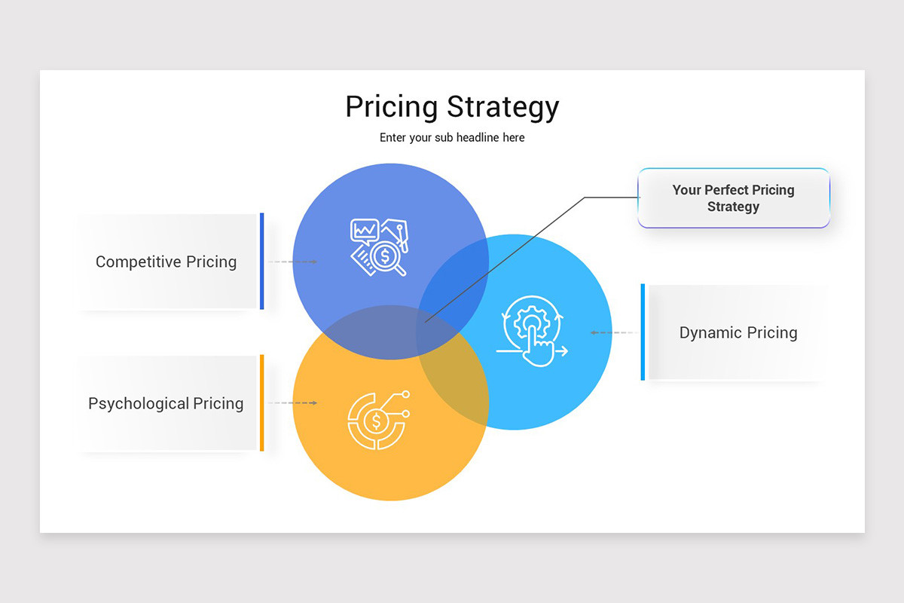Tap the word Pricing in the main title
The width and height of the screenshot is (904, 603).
[392, 107]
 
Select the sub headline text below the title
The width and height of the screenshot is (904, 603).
[452, 138]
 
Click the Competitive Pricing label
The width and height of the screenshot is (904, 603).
[166, 262]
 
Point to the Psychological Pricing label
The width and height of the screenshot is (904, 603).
[166, 404]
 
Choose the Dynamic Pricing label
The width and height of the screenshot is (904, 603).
[738, 333]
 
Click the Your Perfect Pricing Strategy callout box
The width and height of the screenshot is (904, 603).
[734, 198]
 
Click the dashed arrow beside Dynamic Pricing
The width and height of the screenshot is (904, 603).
[612, 332]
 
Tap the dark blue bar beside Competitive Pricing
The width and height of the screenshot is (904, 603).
[262, 261]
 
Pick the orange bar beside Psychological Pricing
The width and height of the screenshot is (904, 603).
[262, 403]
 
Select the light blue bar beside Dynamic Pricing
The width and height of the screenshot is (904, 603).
[643, 332]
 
